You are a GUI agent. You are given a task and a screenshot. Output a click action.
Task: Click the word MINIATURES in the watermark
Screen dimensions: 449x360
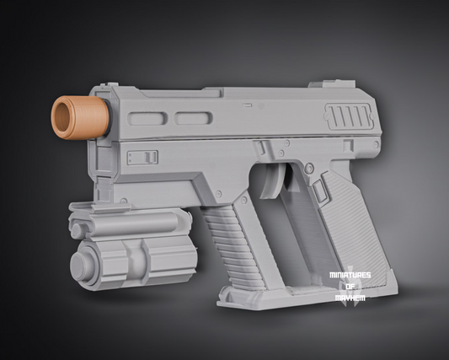(350, 275)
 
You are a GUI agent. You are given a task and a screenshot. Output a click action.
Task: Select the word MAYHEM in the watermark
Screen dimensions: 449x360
(350, 298)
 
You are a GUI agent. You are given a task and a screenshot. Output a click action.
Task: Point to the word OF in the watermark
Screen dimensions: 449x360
(350, 287)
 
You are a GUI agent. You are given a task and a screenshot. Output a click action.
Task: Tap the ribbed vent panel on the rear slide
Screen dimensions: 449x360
(350, 116)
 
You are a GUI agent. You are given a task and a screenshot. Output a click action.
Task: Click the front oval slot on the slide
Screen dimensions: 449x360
(147, 119)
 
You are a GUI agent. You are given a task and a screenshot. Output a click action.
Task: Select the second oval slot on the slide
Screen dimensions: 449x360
(193, 118)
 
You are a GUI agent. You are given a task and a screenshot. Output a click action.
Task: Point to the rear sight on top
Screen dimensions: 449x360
(332, 84)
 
